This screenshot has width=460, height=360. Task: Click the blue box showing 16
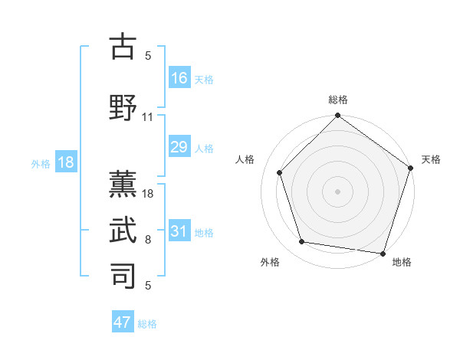pos(179,78)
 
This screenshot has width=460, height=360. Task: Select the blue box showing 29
pos(179,147)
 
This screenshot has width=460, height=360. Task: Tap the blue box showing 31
pos(179,231)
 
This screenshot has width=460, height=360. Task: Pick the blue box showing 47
pos(123,322)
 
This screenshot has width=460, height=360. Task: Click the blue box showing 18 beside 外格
pos(65,162)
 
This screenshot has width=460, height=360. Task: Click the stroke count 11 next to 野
pos(148,117)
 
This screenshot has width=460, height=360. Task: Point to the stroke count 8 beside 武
pos(148,240)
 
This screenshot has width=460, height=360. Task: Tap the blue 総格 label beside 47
pos(147,324)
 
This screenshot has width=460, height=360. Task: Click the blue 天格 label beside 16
pos(204,80)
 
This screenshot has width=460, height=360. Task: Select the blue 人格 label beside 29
pos(204,149)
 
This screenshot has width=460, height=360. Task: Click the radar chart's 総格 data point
pos(337,116)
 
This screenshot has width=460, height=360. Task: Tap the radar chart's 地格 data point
pos(383,252)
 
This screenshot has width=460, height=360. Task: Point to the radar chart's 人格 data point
pos(280,172)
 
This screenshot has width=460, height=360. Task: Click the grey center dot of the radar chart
pos(337,191)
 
